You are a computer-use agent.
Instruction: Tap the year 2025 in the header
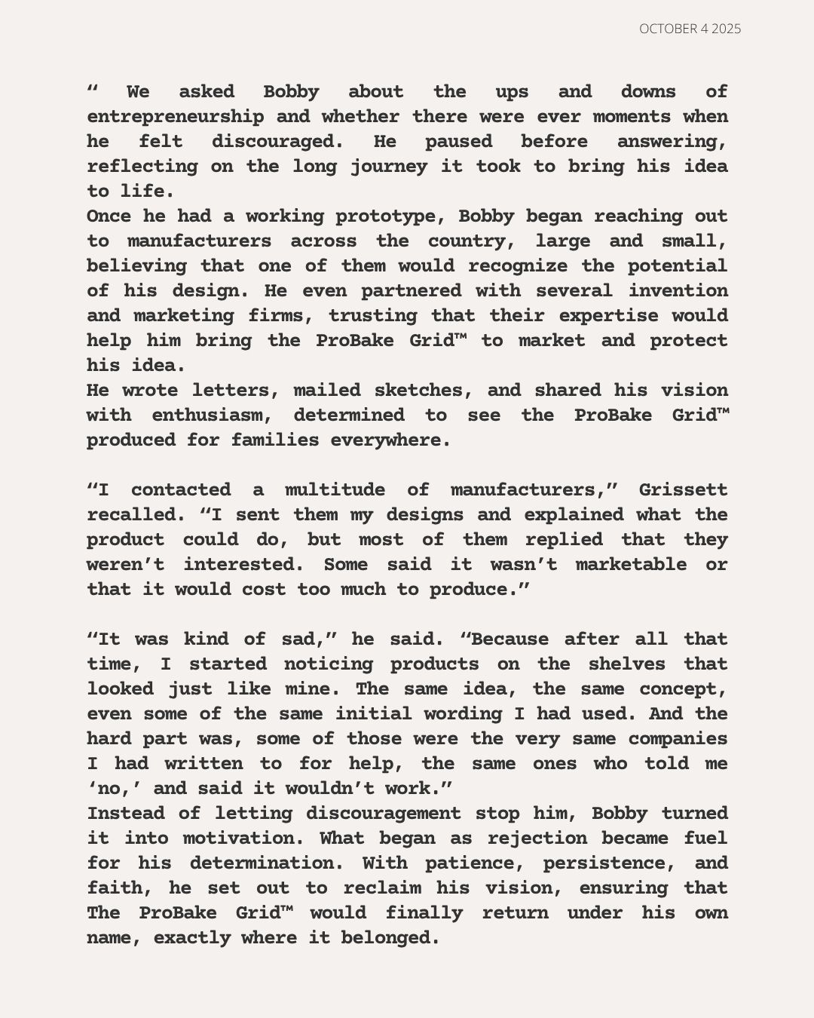click(x=726, y=29)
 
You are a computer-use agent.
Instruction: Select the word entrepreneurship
click(x=176, y=117)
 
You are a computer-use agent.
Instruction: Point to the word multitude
click(x=335, y=490)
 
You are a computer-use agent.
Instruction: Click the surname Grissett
click(x=684, y=490)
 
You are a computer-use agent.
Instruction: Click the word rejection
click(x=537, y=839)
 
